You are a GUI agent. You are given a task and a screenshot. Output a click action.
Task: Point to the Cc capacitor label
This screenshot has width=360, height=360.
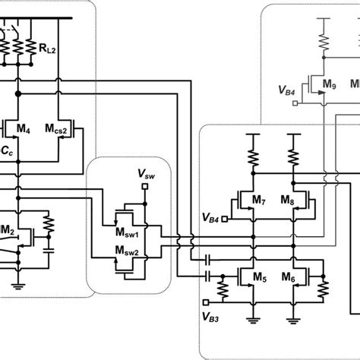(6, 152)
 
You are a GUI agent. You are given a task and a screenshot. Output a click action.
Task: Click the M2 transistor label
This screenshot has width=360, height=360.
(8, 229)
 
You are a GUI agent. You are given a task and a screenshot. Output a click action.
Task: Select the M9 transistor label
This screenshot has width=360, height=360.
(329, 84)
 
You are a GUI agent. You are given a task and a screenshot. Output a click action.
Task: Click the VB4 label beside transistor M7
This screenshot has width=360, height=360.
(213, 218)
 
